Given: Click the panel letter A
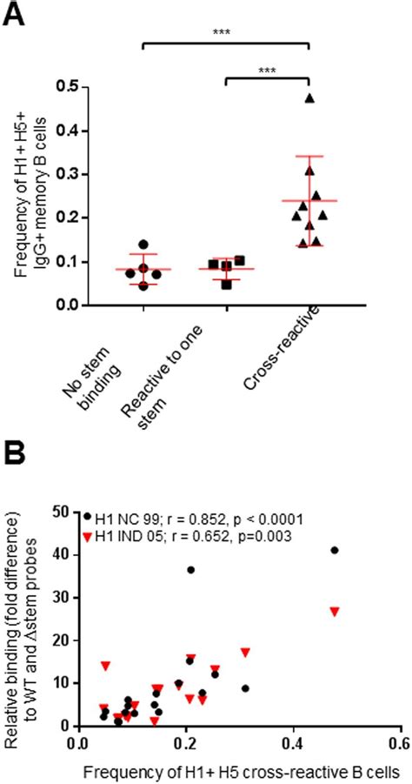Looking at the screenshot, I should (13, 12).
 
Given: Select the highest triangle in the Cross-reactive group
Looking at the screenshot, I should (309, 98).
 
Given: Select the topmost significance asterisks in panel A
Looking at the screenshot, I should (225, 32).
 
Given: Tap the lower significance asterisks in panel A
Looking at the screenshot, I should (267, 70).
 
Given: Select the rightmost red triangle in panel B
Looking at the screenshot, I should (335, 612).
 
